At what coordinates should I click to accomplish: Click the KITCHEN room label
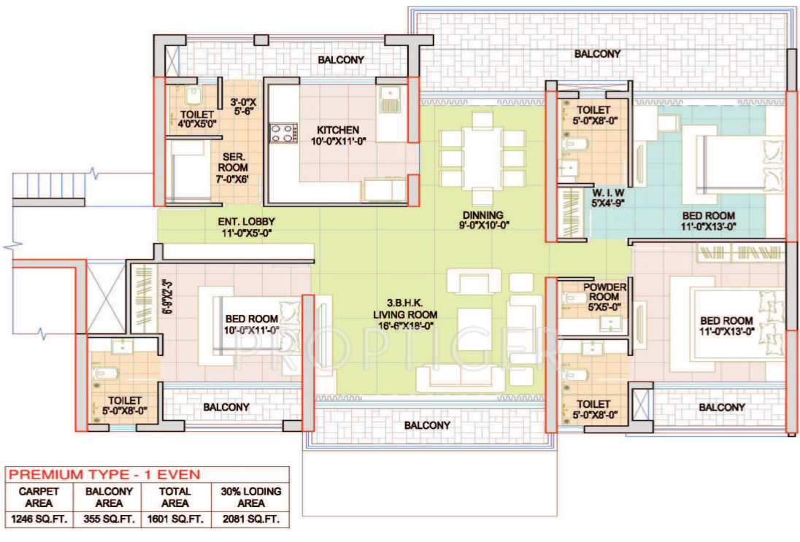pyautogui.click(x=337, y=131)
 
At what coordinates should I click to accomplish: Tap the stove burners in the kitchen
pyautogui.click(x=282, y=133)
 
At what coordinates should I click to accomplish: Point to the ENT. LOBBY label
pyautogui.click(x=246, y=228)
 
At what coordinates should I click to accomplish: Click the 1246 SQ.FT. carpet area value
pyautogui.click(x=40, y=519)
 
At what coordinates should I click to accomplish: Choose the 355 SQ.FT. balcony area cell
pyautogui.click(x=108, y=519)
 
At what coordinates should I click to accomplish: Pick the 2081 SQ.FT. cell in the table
pyautogui.click(x=250, y=519)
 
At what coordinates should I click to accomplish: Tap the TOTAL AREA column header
pyautogui.click(x=175, y=498)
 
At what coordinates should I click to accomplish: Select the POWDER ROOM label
pyautogui.click(x=604, y=293)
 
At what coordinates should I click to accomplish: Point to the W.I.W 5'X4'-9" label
pyautogui.click(x=609, y=198)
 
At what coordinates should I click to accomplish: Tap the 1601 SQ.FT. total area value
pyautogui.click(x=175, y=519)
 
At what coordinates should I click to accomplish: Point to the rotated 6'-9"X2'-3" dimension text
pyautogui.click(x=169, y=295)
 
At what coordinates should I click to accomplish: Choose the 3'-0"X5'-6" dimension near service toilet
pyautogui.click(x=242, y=109)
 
